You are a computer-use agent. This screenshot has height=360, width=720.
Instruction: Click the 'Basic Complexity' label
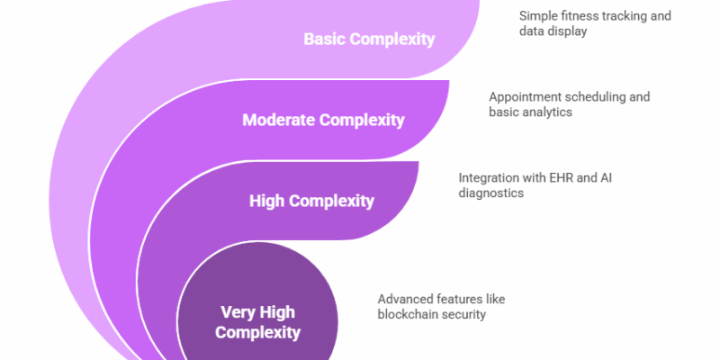coord(369,40)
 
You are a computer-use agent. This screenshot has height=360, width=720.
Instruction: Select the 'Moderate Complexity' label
coord(323,120)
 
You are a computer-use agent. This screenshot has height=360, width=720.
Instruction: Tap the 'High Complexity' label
coord(311,201)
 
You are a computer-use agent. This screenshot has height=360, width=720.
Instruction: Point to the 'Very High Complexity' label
coord(258,323)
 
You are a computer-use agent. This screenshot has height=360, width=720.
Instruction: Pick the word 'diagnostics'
coord(491,193)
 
